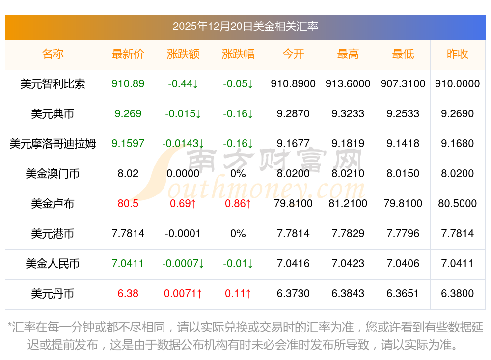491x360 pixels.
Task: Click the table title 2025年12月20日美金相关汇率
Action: pos(245,27)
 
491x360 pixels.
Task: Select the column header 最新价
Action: pos(128,54)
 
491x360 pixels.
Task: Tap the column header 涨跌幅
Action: pos(238,54)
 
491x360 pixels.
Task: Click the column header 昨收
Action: pos(458,54)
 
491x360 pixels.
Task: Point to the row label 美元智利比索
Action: pos(53,84)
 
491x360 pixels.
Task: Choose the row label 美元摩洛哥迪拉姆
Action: pos(53,144)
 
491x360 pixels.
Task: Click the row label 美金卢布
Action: pos(53,204)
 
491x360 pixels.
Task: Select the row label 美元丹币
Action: pos(53,294)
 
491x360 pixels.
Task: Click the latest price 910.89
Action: pos(128,84)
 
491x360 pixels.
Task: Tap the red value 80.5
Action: pos(128,204)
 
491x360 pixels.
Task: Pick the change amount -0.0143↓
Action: pos(183,144)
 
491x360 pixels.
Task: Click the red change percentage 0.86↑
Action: pos(238,204)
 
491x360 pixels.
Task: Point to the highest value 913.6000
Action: pos(348,84)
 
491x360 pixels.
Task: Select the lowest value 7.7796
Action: pos(403,234)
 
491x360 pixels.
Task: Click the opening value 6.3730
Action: pos(293,294)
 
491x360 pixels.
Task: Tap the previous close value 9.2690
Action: pos(458,114)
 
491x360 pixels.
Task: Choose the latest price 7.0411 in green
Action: pos(128,264)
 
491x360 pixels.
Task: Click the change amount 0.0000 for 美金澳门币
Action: pos(183,174)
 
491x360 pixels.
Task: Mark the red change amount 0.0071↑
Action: pos(183,294)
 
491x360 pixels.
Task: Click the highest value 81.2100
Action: pos(348,204)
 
